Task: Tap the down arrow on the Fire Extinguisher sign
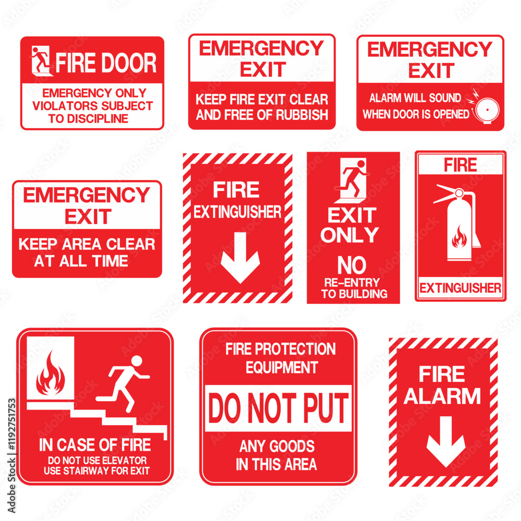[240, 257]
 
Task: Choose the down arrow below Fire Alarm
[445, 441]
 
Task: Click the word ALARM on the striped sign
[442, 396]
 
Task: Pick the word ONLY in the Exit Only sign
[350, 235]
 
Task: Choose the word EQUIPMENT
[282, 367]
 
